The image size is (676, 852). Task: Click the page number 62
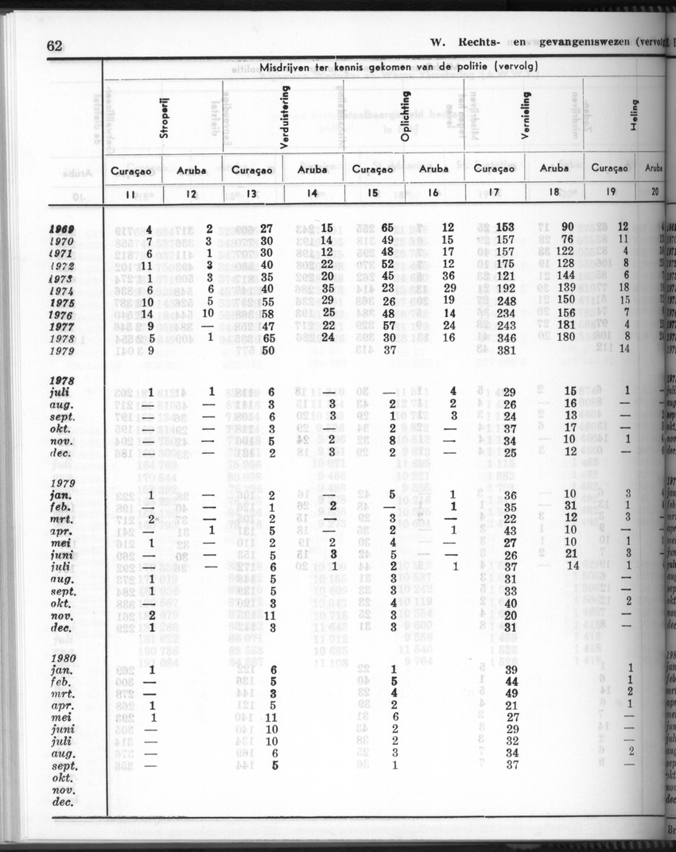click(54, 46)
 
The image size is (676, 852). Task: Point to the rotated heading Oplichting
click(405, 121)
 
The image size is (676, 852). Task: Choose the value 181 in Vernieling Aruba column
click(565, 326)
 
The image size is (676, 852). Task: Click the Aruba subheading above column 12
click(192, 169)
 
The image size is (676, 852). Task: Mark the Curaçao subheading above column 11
click(132, 169)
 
